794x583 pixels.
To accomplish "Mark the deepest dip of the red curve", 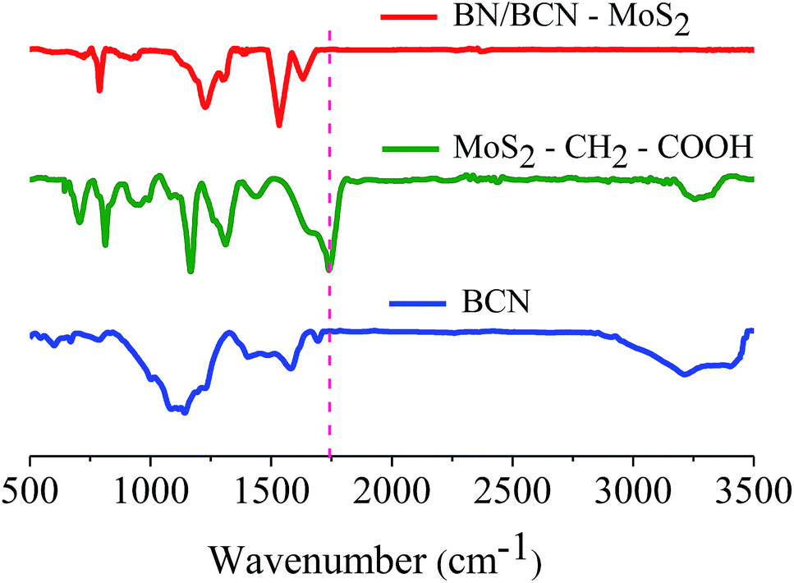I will pyautogui.click(x=279, y=125).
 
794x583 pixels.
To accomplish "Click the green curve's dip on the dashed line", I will pyautogui.click(x=329, y=268).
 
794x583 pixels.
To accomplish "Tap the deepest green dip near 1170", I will pyautogui.click(x=190, y=270).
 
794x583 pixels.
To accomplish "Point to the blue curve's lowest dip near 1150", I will pyautogui.click(x=185, y=411).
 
